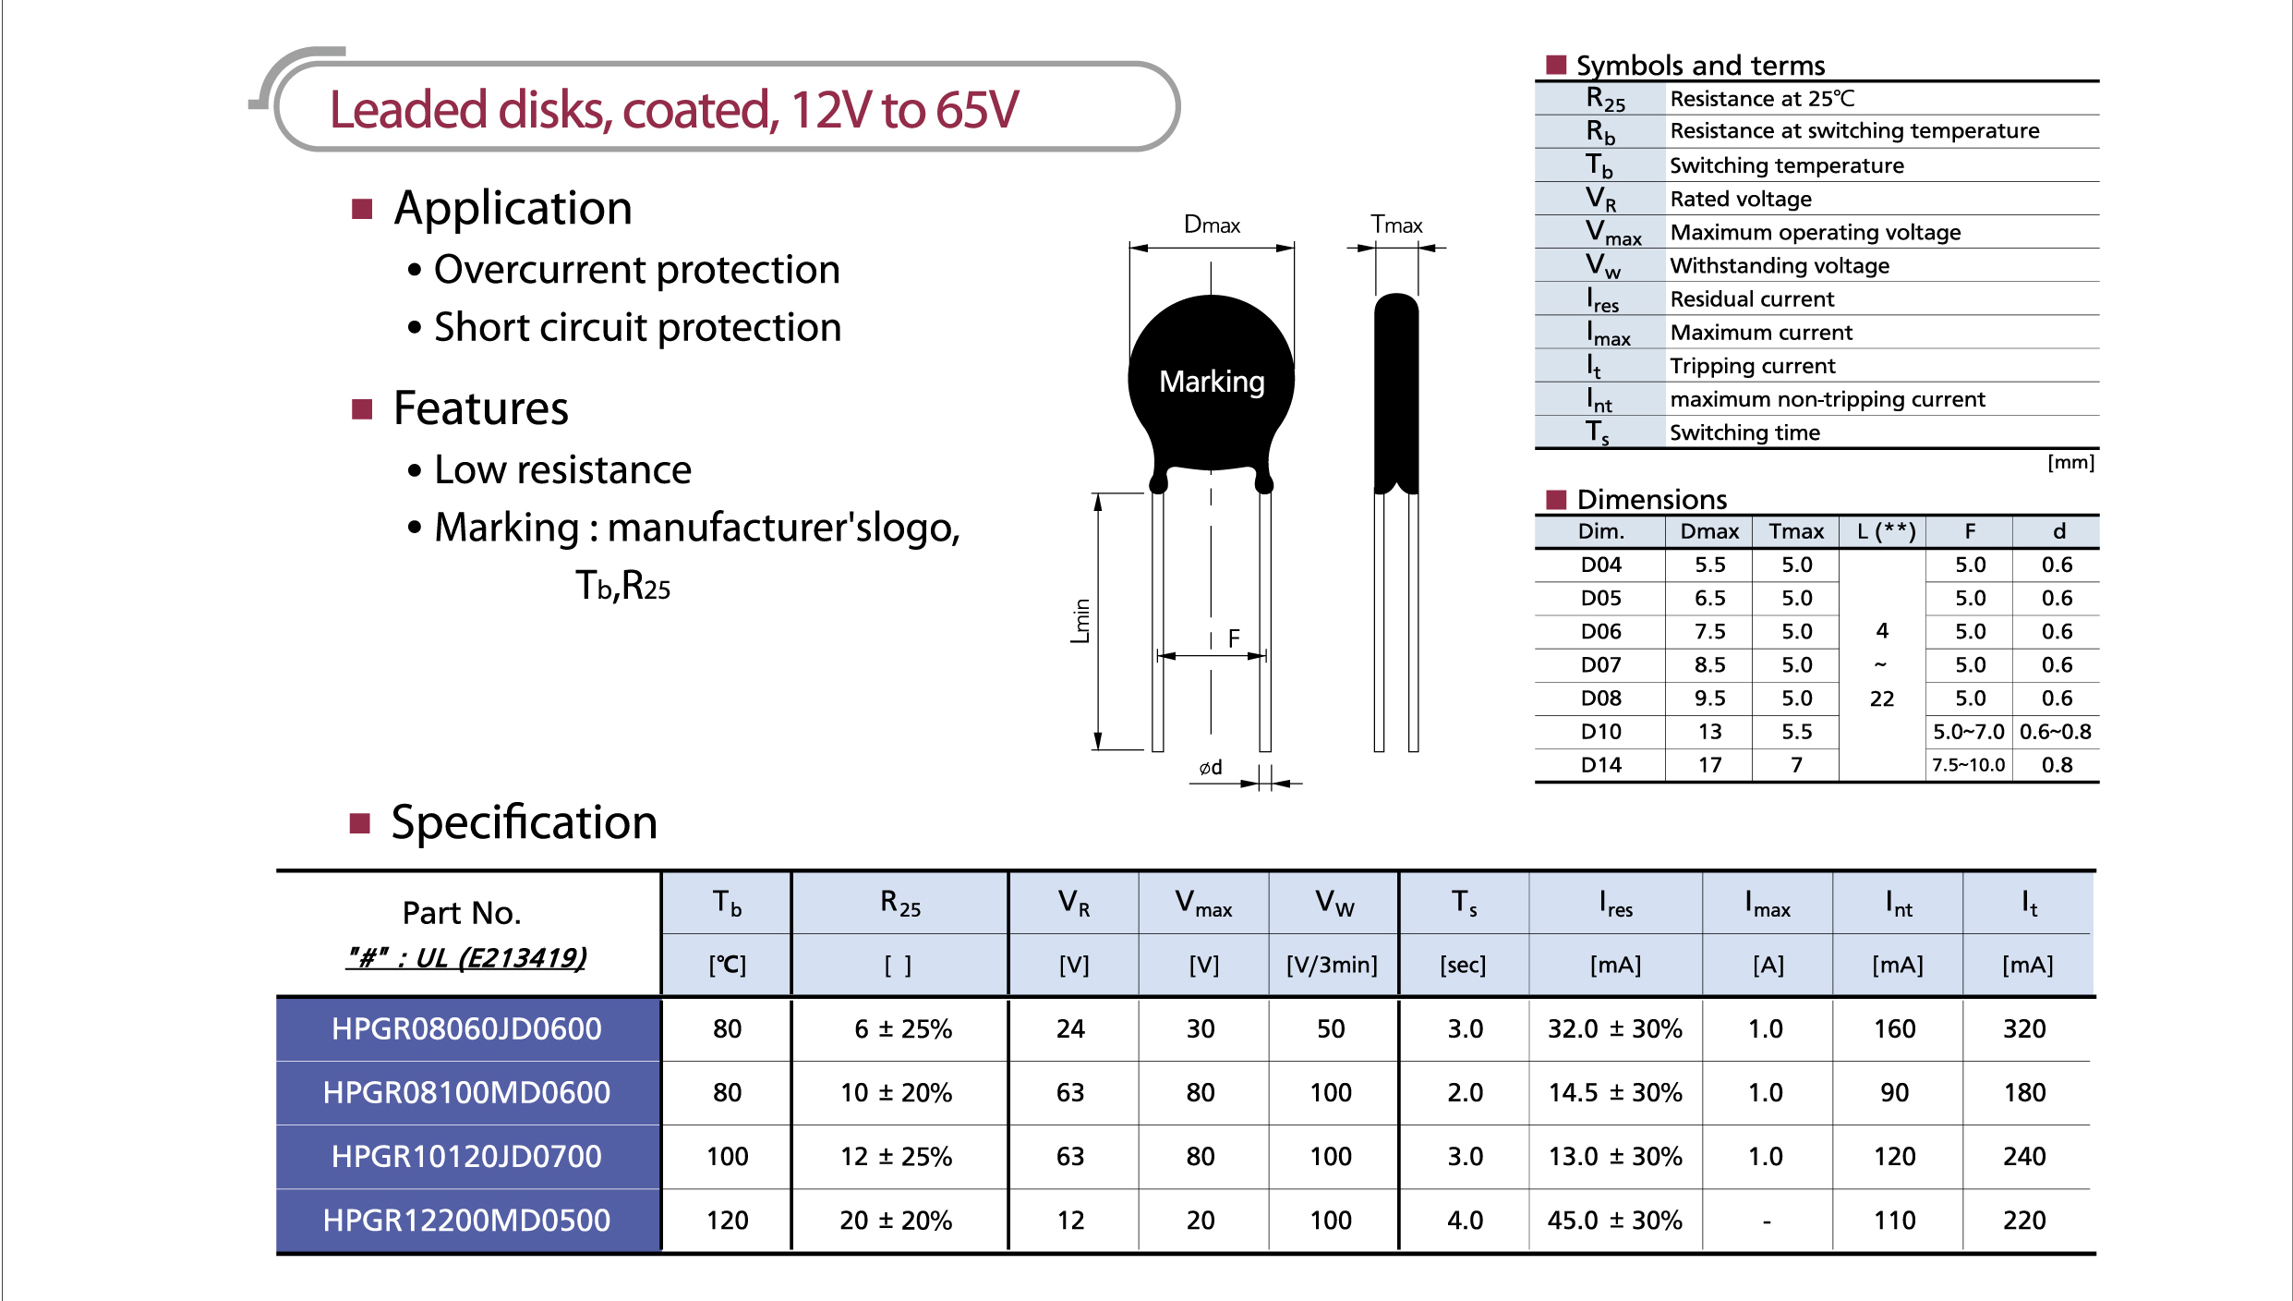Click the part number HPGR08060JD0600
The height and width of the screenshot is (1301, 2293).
(x=466, y=1028)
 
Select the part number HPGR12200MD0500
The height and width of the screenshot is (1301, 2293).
(x=466, y=1220)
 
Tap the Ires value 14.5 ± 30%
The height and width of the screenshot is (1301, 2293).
(x=1615, y=1092)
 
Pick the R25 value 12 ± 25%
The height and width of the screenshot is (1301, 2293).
(x=896, y=1156)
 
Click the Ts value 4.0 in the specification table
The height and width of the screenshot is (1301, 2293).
(x=1465, y=1220)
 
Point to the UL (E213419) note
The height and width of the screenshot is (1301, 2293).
(x=466, y=957)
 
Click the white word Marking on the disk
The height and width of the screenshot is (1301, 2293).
(x=1212, y=382)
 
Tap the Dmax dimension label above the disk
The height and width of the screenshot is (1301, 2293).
(x=1212, y=225)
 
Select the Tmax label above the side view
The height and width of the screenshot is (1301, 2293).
(x=1396, y=225)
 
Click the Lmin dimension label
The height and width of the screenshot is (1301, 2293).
(x=1080, y=621)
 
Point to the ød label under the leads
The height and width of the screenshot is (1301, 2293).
(x=1211, y=767)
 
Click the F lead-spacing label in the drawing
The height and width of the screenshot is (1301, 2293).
(x=1234, y=638)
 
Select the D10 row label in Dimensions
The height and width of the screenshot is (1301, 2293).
(x=1600, y=732)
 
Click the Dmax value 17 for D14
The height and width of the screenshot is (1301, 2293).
(x=1709, y=765)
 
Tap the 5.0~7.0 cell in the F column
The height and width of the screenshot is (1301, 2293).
(x=1969, y=732)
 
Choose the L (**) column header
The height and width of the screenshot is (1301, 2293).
(x=1886, y=531)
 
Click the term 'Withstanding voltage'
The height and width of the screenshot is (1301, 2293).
(x=1780, y=266)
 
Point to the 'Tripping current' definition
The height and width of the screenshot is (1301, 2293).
(x=1752, y=366)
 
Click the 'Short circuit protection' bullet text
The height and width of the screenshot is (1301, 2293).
(x=637, y=327)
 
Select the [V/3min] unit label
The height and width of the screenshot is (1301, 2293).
(x=1332, y=966)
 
